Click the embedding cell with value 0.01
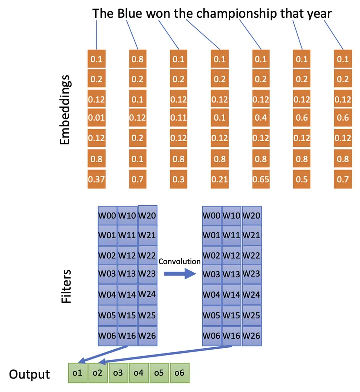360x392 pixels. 97,118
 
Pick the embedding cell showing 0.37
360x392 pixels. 97,179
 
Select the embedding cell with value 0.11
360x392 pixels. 179,118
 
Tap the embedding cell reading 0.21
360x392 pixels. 220,179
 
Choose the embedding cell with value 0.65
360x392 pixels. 261,179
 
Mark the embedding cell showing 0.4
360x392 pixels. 261,118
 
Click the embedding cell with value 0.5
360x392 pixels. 302,179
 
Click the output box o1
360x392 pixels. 78,373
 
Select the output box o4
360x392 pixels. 139,373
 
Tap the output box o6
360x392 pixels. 180,373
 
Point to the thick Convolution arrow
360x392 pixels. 180,274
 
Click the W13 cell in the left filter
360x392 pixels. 127,274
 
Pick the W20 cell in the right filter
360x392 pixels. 252,216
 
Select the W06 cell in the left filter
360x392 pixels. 107,336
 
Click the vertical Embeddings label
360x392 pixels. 65,110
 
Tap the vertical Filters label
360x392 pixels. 66,287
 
